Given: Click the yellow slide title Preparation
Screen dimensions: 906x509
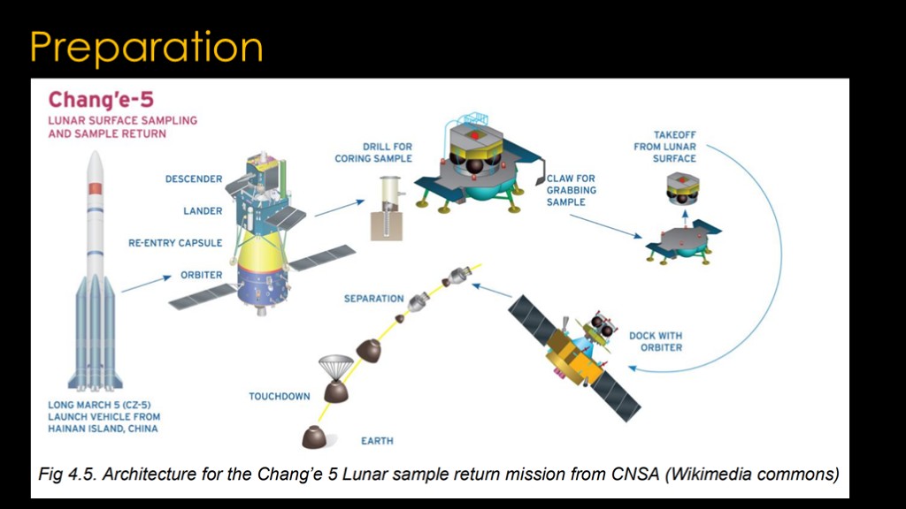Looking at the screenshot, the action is [147, 49].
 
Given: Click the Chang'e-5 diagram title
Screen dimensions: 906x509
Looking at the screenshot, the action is [101, 99].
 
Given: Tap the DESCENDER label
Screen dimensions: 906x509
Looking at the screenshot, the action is [194, 179].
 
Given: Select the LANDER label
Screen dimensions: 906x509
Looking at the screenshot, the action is [203, 210].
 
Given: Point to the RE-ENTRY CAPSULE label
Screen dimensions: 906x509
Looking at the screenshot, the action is [175, 243].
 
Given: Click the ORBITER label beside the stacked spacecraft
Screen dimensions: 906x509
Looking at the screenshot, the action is [201, 275].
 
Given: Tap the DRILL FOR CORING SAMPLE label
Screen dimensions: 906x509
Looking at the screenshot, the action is [373, 152].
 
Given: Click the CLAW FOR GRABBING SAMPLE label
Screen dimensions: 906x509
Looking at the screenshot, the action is [572, 190].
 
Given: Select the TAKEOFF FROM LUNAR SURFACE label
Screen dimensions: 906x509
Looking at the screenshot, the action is [665, 147].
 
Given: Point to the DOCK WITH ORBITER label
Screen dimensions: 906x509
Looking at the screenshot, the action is [656, 342].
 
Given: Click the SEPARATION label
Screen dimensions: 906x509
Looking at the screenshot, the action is [374, 299].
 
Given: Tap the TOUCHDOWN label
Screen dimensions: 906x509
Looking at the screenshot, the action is [280, 397].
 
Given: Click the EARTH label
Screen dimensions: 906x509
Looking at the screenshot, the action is [377, 441].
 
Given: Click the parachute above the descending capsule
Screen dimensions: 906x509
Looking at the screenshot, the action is [335, 367].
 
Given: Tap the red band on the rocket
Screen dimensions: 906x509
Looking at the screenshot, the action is [96, 188].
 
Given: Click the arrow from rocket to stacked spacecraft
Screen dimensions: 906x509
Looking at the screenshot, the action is [147, 284].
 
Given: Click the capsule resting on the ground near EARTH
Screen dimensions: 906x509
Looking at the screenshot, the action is [315, 437].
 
